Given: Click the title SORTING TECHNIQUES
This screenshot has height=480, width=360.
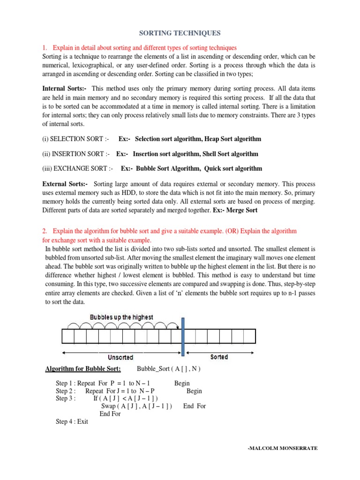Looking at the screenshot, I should (x=180, y=33).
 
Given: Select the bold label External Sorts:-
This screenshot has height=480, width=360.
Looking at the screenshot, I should (x=65, y=184).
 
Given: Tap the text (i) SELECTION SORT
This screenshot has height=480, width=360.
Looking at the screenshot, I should (x=75, y=139).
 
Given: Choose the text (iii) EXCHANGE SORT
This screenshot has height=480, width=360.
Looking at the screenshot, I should (x=77, y=168).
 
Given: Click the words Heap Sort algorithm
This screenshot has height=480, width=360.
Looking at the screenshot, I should (x=232, y=139).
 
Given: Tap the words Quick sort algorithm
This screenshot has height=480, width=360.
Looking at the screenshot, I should (x=233, y=168).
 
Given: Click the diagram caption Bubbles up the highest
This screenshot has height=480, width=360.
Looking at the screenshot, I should (x=121, y=317).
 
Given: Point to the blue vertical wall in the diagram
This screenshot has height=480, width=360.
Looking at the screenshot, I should (x=183, y=335).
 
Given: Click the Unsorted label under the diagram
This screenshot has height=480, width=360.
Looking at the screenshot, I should (x=121, y=357).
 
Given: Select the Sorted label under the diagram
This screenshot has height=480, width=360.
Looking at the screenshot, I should (x=219, y=357).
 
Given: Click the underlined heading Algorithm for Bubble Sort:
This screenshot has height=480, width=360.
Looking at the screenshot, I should (x=83, y=369).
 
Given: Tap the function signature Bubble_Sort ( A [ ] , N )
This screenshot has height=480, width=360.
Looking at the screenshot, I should (x=168, y=369).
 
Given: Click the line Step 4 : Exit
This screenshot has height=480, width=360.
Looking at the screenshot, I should (x=72, y=421).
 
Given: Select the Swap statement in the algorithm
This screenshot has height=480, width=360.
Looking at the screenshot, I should (x=136, y=406).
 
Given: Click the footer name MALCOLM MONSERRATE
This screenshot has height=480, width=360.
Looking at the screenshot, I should (x=283, y=448).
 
